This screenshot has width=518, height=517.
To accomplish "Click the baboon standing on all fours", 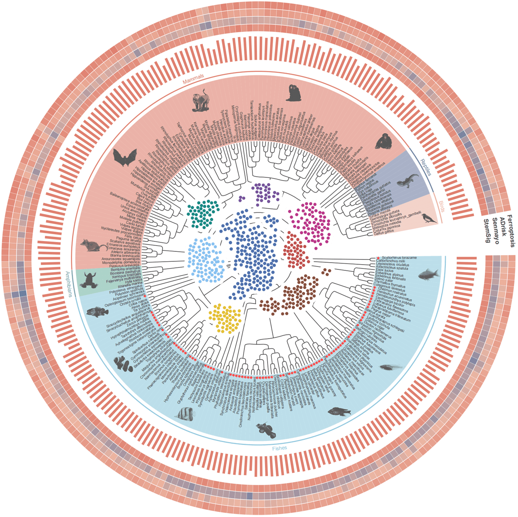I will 200,99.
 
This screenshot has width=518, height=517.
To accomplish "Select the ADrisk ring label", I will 503,228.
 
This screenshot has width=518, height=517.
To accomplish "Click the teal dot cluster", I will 202,213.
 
